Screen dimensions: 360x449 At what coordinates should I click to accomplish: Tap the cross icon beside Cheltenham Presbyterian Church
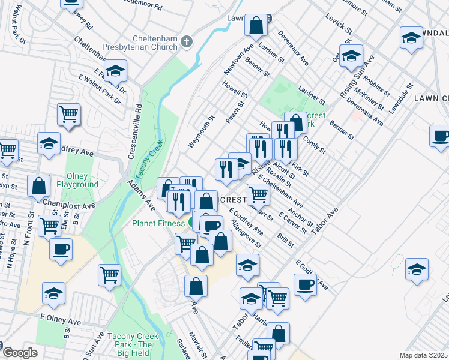tap(187, 41)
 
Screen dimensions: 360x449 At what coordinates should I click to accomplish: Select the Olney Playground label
tap(77, 181)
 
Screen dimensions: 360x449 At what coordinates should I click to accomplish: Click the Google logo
tap(20, 353)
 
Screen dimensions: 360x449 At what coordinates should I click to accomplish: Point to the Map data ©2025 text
tap(424, 355)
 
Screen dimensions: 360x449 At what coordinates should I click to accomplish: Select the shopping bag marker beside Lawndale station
tap(256, 25)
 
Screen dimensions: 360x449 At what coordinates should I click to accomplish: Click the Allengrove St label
tap(246, 233)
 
